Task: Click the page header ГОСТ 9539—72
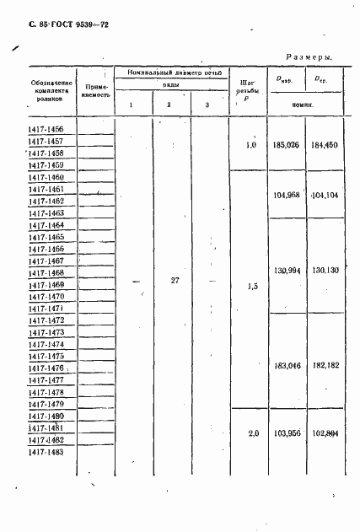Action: [x=62, y=28]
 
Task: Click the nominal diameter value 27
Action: [x=172, y=280]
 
